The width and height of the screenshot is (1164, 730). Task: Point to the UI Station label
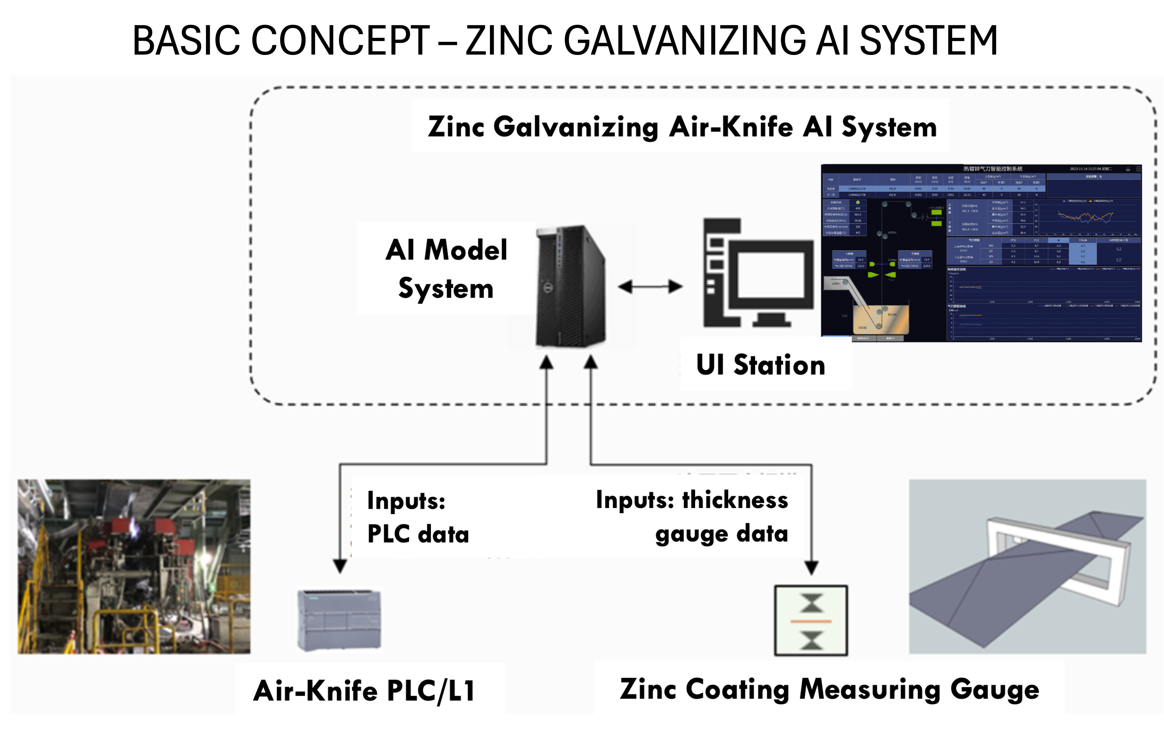click(x=760, y=365)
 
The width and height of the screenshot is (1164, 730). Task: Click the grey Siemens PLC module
click(x=339, y=620)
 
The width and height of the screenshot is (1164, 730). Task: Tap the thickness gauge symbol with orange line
click(x=811, y=621)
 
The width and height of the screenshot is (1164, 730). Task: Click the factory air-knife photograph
click(x=134, y=566)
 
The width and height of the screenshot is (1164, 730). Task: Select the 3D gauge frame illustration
click(x=1027, y=566)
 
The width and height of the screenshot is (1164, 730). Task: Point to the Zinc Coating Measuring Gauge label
click(x=829, y=689)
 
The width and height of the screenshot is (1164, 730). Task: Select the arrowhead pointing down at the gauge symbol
click(x=811, y=567)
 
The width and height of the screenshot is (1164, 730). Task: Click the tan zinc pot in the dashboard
click(x=881, y=319)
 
